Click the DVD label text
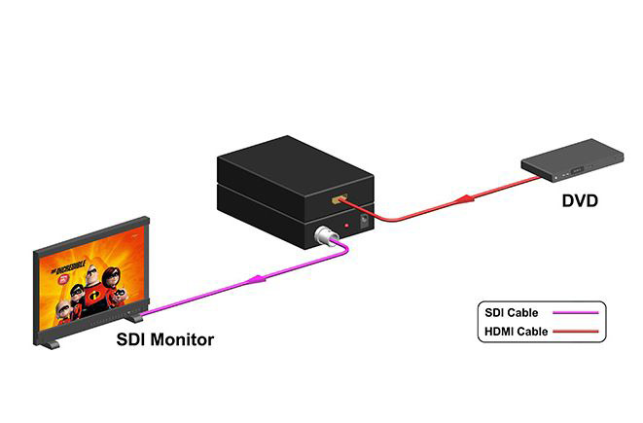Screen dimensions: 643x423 coord(580,201)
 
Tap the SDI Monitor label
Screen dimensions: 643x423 coord(164,339)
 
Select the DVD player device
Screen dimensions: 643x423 coord(572,160)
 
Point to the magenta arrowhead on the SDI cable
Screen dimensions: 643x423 coord(256,279)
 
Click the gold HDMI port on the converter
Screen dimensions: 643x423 coord(339,199)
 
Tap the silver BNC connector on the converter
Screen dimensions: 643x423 coord(326,235)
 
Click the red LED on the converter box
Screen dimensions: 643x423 coord(347,226)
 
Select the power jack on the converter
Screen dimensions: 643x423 coord(364,222)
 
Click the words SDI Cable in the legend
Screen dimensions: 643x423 coord(511,313)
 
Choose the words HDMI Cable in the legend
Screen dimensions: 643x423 coord(516,332)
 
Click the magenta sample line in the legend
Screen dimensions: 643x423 coord(575,313)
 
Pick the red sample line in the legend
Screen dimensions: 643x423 coord(575,332)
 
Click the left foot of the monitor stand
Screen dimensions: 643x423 coord(50,344)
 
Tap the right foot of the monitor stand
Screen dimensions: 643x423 coord(134,316)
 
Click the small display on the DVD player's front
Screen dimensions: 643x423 coord(577,170)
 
